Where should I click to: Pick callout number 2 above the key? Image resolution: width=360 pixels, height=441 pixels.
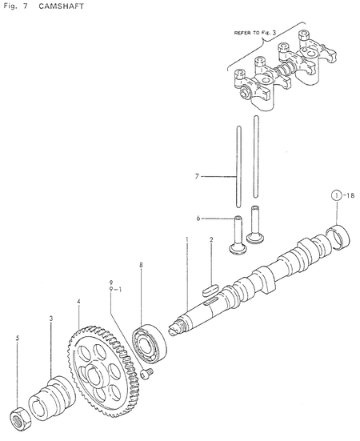pyautogui.click(x=210, y=240)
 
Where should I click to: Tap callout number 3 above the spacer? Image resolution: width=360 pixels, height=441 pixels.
pyautogui.click(x=51, y=319)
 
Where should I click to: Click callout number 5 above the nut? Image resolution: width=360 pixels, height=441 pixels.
pyautogui.click(x=18, y=339)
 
